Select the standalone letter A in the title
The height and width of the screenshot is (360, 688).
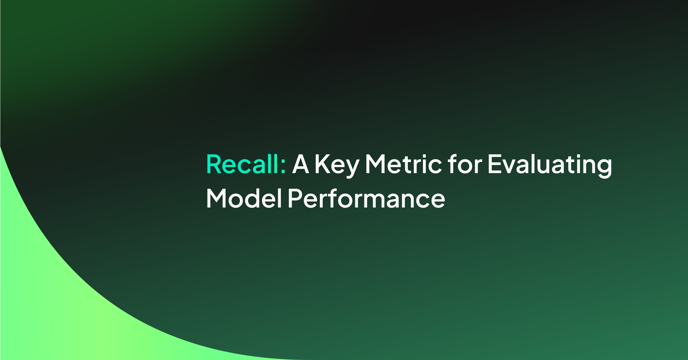point(301,164)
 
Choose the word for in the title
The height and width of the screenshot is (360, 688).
point(465,164)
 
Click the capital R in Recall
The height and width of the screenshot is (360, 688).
point(213,164)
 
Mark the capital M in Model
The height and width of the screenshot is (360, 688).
point(216,198)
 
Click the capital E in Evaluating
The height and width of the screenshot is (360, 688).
point(495,164)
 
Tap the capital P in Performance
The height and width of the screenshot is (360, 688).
point(295,198)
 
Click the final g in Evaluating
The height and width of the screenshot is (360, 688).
point(604,169)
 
